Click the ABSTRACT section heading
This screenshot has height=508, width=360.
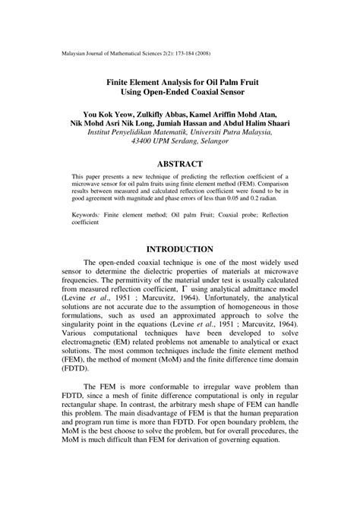pyautogui.click(x=179, y=164)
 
